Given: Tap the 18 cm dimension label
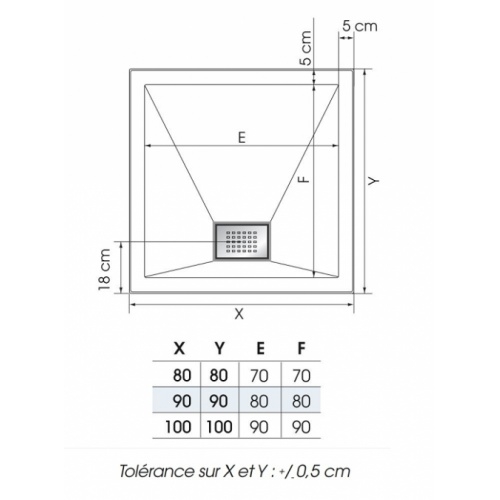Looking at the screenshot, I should pyautogui.click(x=104, y=269).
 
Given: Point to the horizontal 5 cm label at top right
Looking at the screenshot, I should pyautogui.click(x=358, y=23).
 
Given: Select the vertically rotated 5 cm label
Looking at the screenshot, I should pyautogui.click(x=306, y=46).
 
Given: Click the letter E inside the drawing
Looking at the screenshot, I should pyautogui.click(x=241, y=138).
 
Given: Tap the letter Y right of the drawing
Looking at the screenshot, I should pyautogui.click(x=373, y=180).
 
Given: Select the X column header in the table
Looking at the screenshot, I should pyautogui.click(x=179, y=349).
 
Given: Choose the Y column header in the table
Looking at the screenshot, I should pyautogui.click(x=220, y=349).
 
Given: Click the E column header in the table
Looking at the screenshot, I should pyautogui.click(x=261, y=349).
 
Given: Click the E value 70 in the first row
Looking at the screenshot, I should pyautogui.click(x=261, y=375).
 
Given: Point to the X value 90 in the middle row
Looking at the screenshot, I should pyautogui.click(x=180, y=401).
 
